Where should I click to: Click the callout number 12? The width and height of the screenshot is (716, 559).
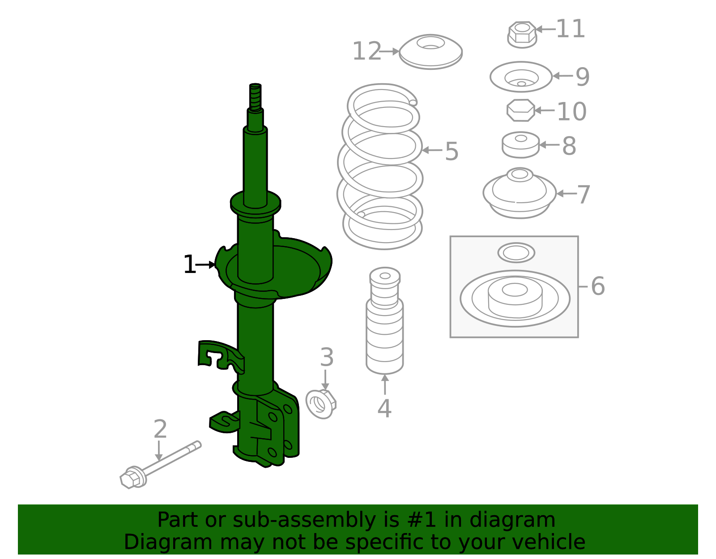pyautogui.click(x=367, y=51)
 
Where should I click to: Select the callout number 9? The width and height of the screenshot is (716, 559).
pyautogui.click(x=582, y=77)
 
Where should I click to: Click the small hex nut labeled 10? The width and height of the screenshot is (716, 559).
pyautogui.click(x=520, y=110)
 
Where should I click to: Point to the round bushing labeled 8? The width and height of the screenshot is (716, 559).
pyautogui.click(x=520, y=145)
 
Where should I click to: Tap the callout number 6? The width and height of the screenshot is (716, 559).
pyautogui.click(x=598, y=286)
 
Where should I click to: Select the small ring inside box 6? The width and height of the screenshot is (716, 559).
pyautogui.click(x=516, y=253)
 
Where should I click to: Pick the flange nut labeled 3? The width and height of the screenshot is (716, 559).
pyautogui.click(x=320, y=404)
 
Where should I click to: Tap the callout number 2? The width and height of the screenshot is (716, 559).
pyautogui.click(x=160, y=430)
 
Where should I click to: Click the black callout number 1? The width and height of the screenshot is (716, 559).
pyautogui.click(x=189, y=265)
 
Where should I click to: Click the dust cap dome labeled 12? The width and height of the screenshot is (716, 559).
pyautogui.click(x=430, y=51)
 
